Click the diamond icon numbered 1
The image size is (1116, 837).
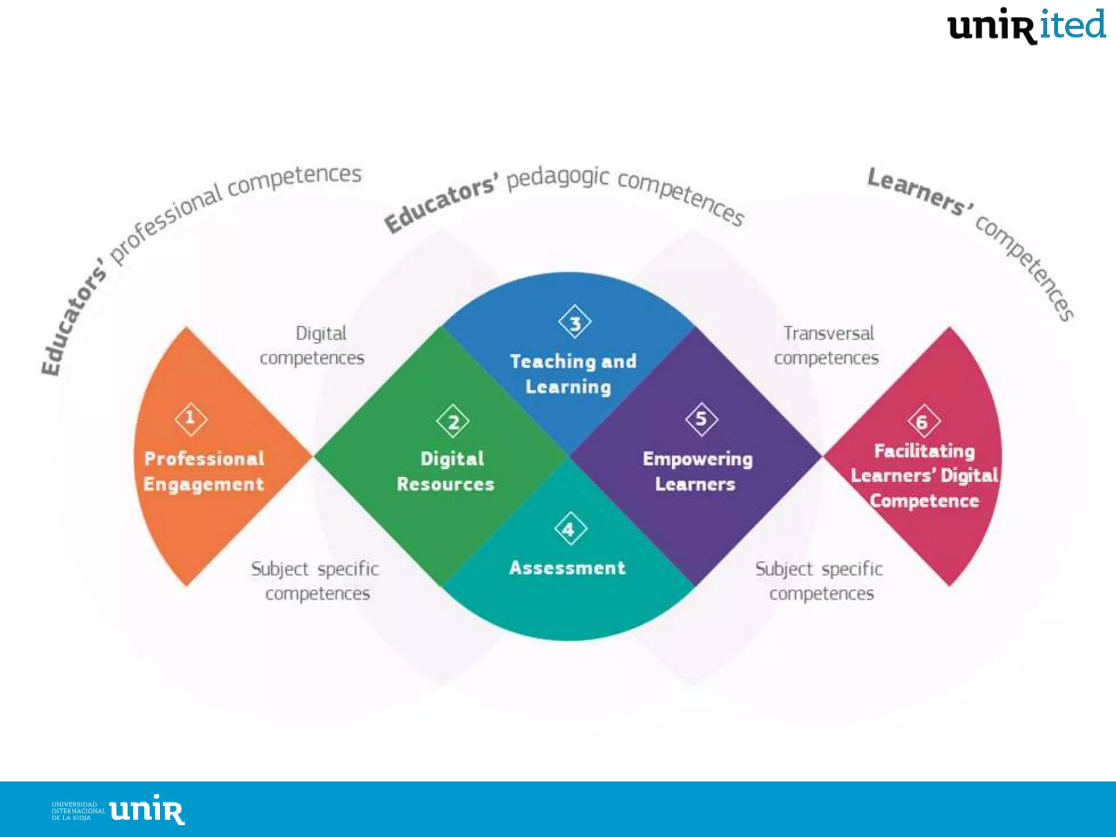tap(191, 419)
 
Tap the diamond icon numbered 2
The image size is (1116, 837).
tap(453, 421)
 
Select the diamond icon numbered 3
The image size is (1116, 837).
tap(575, 323)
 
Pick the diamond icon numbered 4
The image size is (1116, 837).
tap(570, 529)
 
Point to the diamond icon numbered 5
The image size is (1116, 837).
tap(701, 419)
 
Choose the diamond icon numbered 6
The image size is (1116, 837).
tap(924, 421)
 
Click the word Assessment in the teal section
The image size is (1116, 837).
tap(567, 568)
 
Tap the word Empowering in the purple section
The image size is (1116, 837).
tap(697, 459)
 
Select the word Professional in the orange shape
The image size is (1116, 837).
tap(204, 459)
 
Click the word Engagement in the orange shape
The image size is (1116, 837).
tap(204, 484)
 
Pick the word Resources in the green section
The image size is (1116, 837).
tap(445, 484)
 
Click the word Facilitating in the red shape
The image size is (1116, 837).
tap(924, 451)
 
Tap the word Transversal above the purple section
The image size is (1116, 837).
tap(828, 333)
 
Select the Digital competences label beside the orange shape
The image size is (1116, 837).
tap(313, 345)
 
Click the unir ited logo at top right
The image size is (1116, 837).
tap(1026, 26)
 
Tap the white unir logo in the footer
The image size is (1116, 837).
tap(147, 810)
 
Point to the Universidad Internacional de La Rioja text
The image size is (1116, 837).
tap(78, 811)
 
